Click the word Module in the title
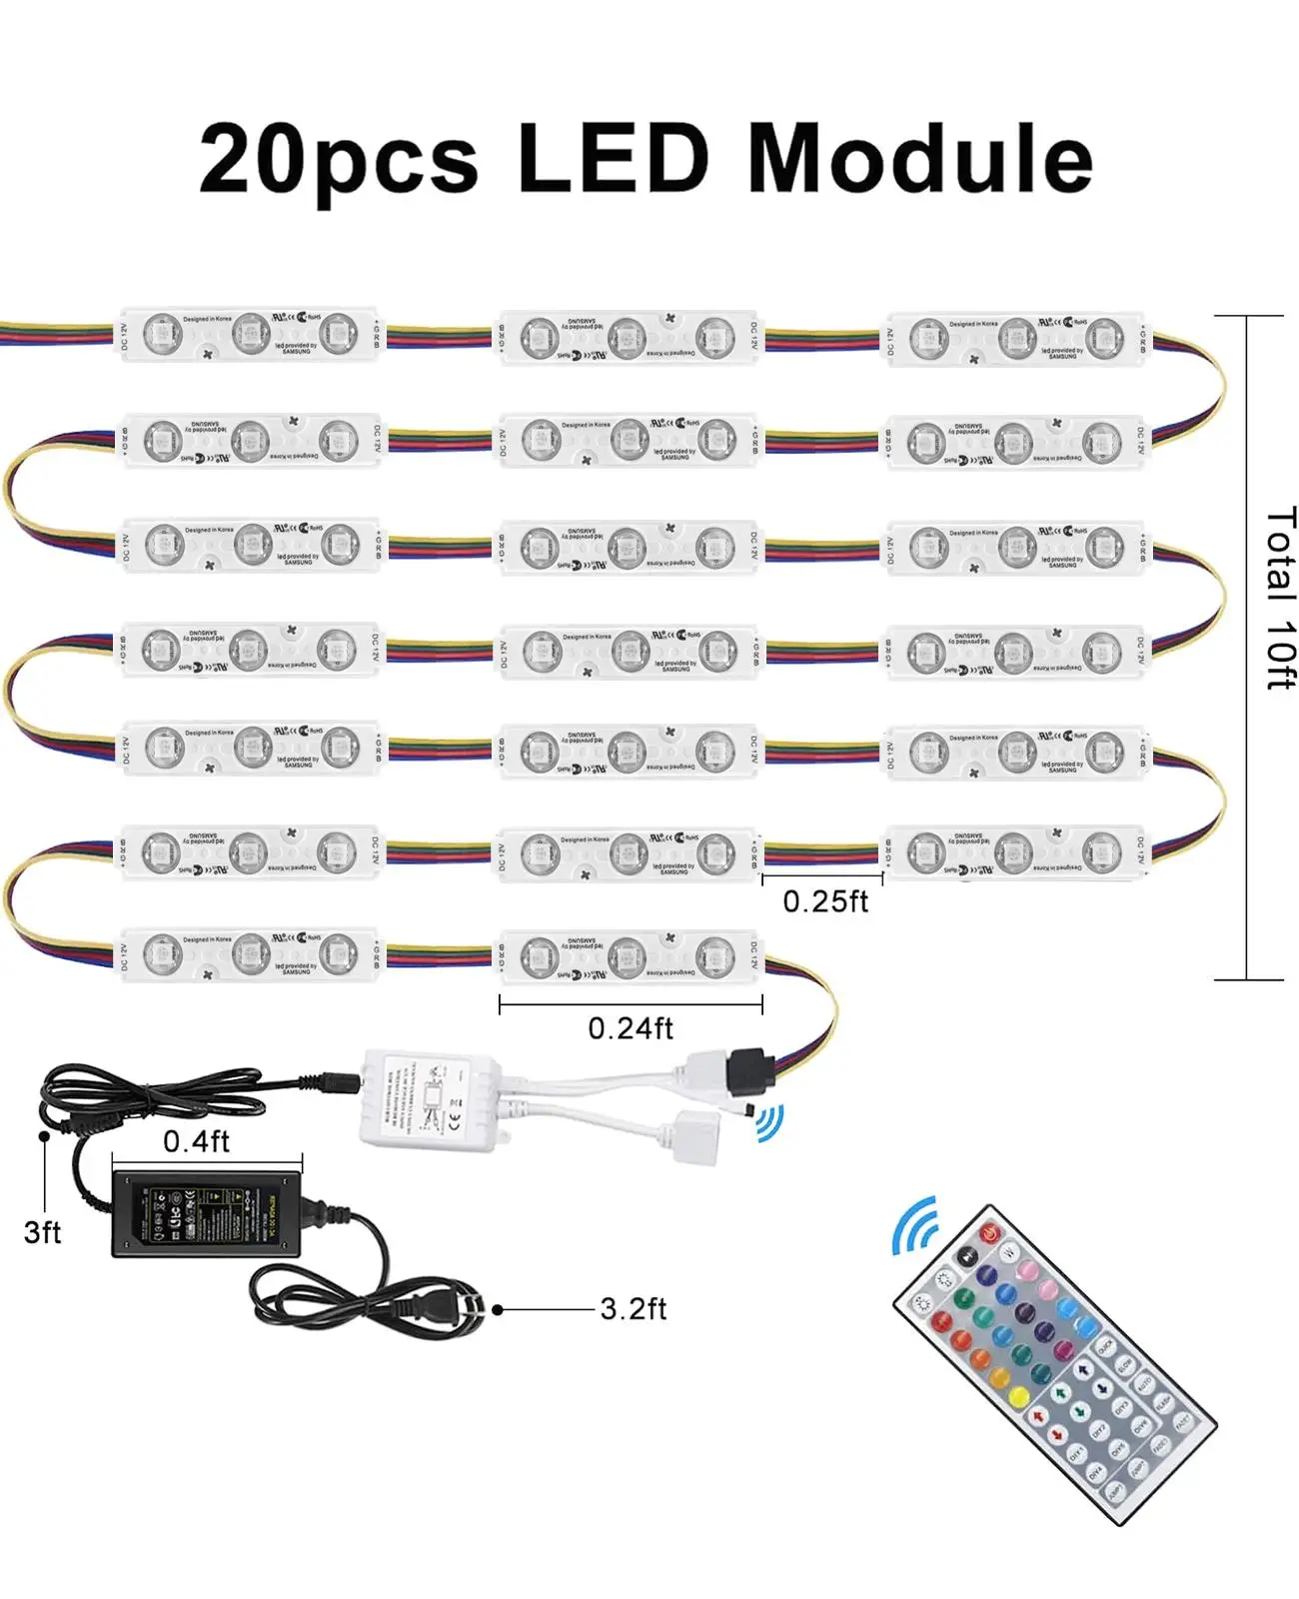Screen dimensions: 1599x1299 point(919,160)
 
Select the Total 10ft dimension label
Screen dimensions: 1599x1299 point(1280,598)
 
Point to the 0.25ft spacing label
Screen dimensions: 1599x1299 point(825,901)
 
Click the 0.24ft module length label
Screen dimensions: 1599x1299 point(631,1028)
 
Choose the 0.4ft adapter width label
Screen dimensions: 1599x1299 point(197,1141)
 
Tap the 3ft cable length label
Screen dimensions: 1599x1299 point(43,1232)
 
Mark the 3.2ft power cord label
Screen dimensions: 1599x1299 point(634,1309)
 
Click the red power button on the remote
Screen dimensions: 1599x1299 point(989,1233)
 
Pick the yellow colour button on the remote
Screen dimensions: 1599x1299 point(1019,1397)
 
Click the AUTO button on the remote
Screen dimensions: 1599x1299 point(1145,1383)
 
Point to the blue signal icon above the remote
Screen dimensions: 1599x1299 point(914,1224)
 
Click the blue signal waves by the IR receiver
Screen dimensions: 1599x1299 point(770,1123)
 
